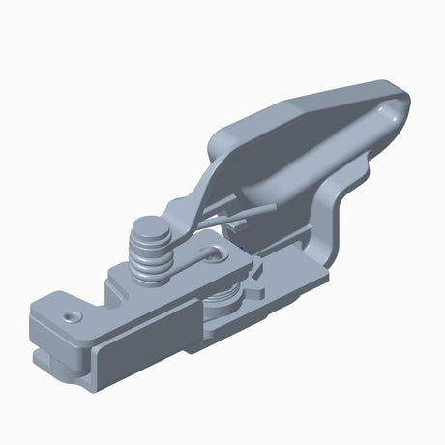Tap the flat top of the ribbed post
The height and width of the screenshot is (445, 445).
(x=148, y=229)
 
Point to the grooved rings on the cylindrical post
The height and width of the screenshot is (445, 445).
(x=154, y=259)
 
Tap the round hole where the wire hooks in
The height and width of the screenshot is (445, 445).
(x=211, y=254)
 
